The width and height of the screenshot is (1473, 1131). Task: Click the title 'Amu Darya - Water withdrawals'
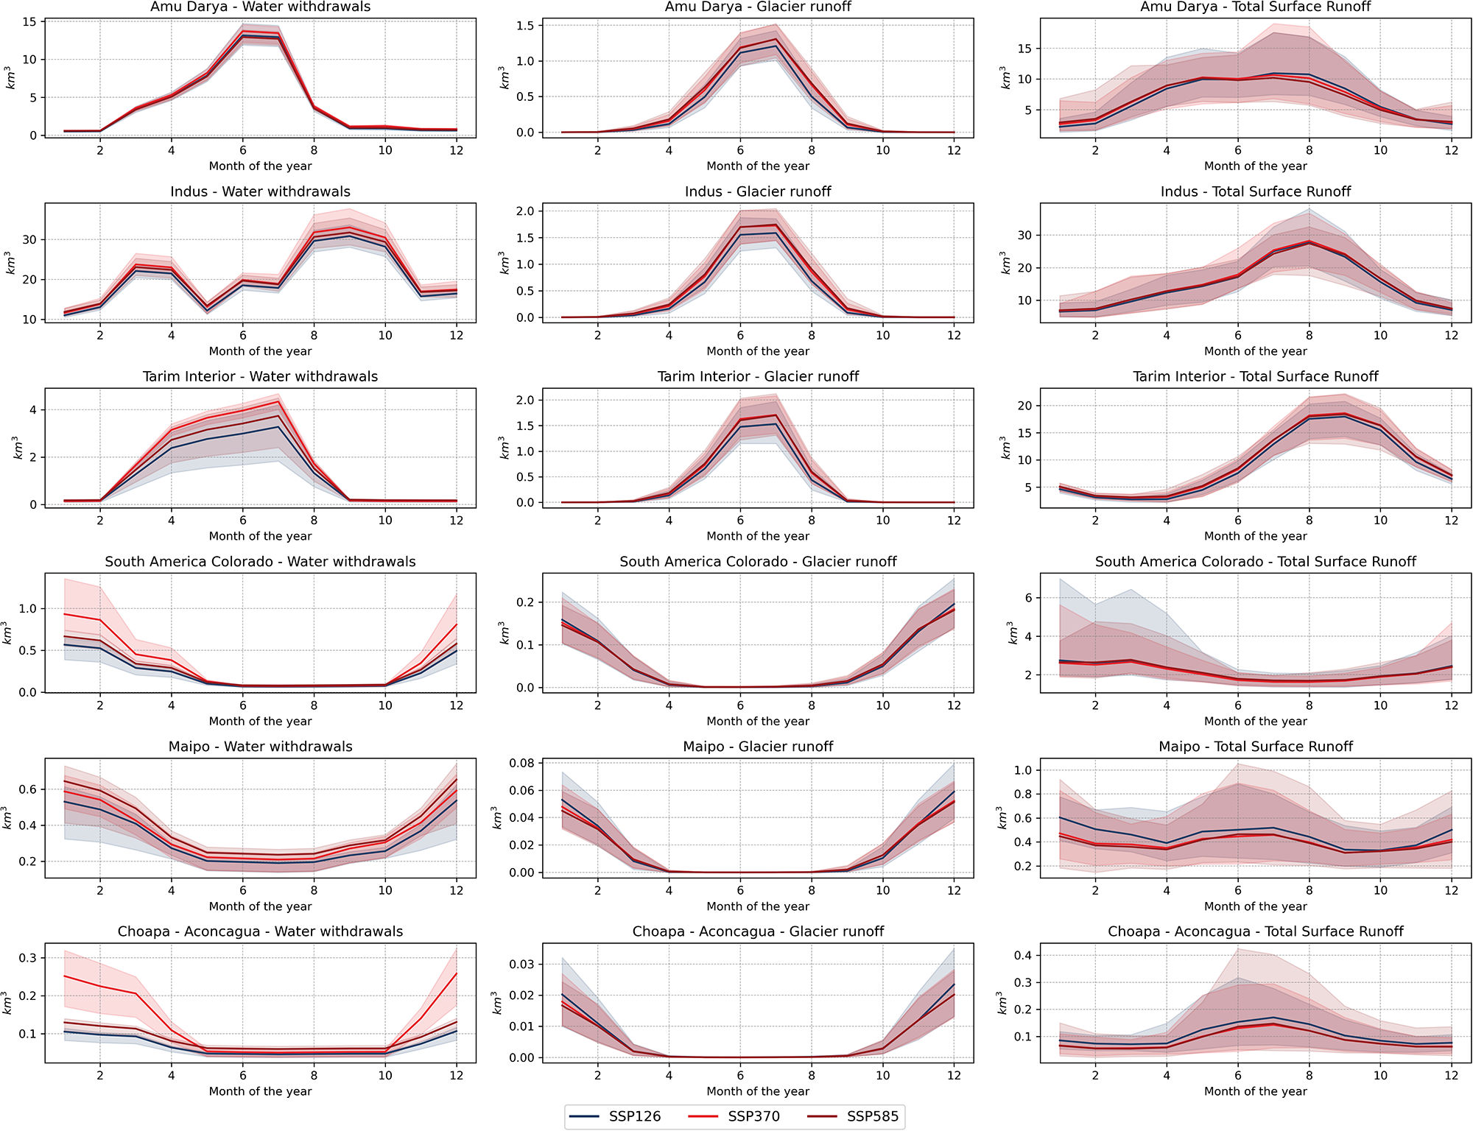pyautogui.click(x=260, y=7)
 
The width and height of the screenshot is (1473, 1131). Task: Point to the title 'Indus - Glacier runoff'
pyautogui.click(x=758, y=191)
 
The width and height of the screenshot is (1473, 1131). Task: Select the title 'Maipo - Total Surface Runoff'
pyautogui.click(x=1255, y=747)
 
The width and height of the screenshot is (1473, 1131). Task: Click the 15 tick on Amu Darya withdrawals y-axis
pyautogui.click(x=29, y=22)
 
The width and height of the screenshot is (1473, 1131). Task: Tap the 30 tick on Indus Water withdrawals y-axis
pyautogui.click(x=29, y=240)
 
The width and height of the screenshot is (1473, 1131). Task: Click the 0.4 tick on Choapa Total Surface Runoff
pyautogui.click(x=1023, y=956)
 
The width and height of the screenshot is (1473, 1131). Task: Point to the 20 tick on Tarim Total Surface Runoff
pyautogui.click(x=1024, y=406)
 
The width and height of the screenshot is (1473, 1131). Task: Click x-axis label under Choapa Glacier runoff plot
pyautogui.click(x=758, y=1091)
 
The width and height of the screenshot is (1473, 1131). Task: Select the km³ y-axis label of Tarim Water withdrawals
pyautogui.click(x=17, y=448)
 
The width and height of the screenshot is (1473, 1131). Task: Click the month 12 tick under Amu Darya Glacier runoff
pyautogui.click(x=954, y=150)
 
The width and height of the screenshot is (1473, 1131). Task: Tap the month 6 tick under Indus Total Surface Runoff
pyautogui.click(x=1238, y=336)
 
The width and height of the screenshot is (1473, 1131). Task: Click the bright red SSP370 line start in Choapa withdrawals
pyautogui.click(x=65, y=976)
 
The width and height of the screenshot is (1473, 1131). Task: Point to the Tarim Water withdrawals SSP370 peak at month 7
pyautogui.click(x=278, y=401)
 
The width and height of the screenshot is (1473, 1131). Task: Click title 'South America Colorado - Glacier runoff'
pyautogui.click(x=758, y=562)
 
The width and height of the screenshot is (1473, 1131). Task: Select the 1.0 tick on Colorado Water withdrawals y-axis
pyautogui.click(x=28, y=609)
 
